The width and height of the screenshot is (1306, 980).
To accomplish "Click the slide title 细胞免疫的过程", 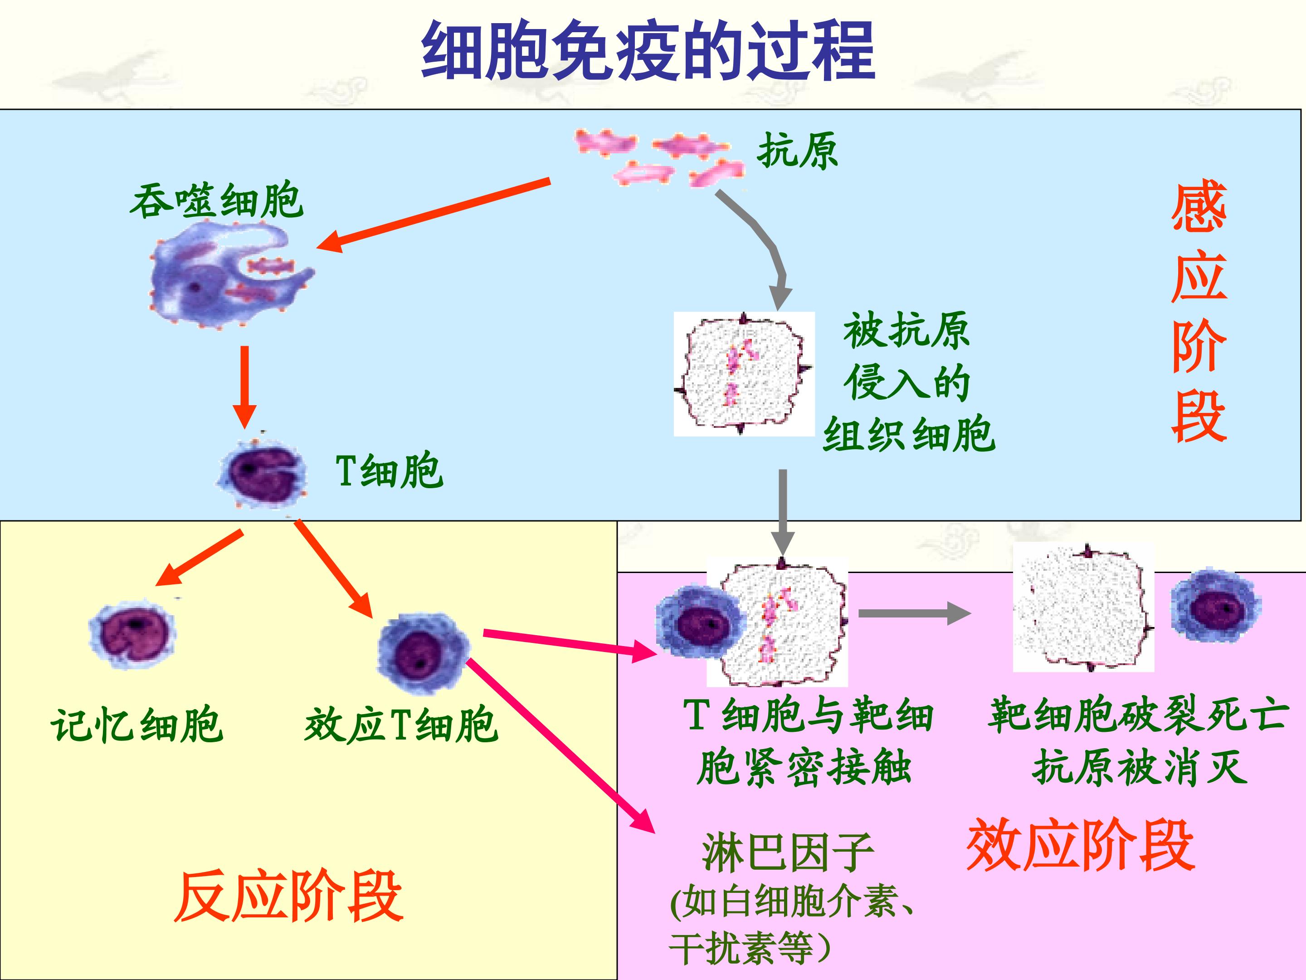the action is pos(648,51).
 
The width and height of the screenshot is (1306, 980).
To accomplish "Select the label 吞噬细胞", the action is pos(216,201).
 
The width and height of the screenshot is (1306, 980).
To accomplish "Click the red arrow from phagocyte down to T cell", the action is pos(244,387).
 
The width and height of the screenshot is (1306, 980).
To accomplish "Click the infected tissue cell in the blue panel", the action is pos(744,374).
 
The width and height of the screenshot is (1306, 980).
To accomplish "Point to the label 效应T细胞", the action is pos(401,725).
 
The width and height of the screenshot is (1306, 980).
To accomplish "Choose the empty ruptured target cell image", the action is pos(1083,607).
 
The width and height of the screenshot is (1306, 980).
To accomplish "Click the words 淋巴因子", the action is pos(788,853).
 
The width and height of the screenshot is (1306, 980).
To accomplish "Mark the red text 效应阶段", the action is pos(1081,845).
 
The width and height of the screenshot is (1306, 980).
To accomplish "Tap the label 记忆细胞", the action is pos(137,725).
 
